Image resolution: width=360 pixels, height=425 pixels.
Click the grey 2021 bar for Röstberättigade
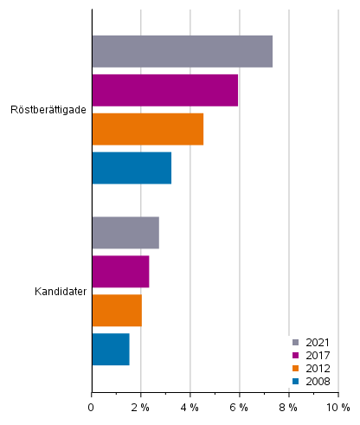(x=182, y=52)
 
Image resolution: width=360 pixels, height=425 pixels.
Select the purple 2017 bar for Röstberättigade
(x=164, y=90)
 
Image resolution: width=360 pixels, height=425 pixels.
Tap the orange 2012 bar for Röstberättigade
(x=147, y=129)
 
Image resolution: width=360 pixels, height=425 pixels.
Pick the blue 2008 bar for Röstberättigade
(x=132, y=168)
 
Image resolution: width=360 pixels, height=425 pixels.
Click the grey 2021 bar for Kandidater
(x=125, y=233)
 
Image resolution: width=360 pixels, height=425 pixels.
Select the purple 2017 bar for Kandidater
(x=120, y=271)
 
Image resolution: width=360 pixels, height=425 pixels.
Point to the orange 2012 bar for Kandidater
(x=117, y=310)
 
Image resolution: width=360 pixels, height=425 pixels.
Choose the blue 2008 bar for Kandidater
(x=111, y=349)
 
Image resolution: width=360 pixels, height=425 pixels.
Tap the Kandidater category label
(x=60, y=291)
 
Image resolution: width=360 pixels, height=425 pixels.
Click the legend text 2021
(x=317, y=343)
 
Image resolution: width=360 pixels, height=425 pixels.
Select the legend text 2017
(x=317, y=356)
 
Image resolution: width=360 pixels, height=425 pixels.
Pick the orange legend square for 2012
(x=296, y=369)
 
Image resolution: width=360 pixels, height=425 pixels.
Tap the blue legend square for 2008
(x=296, y=382)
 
